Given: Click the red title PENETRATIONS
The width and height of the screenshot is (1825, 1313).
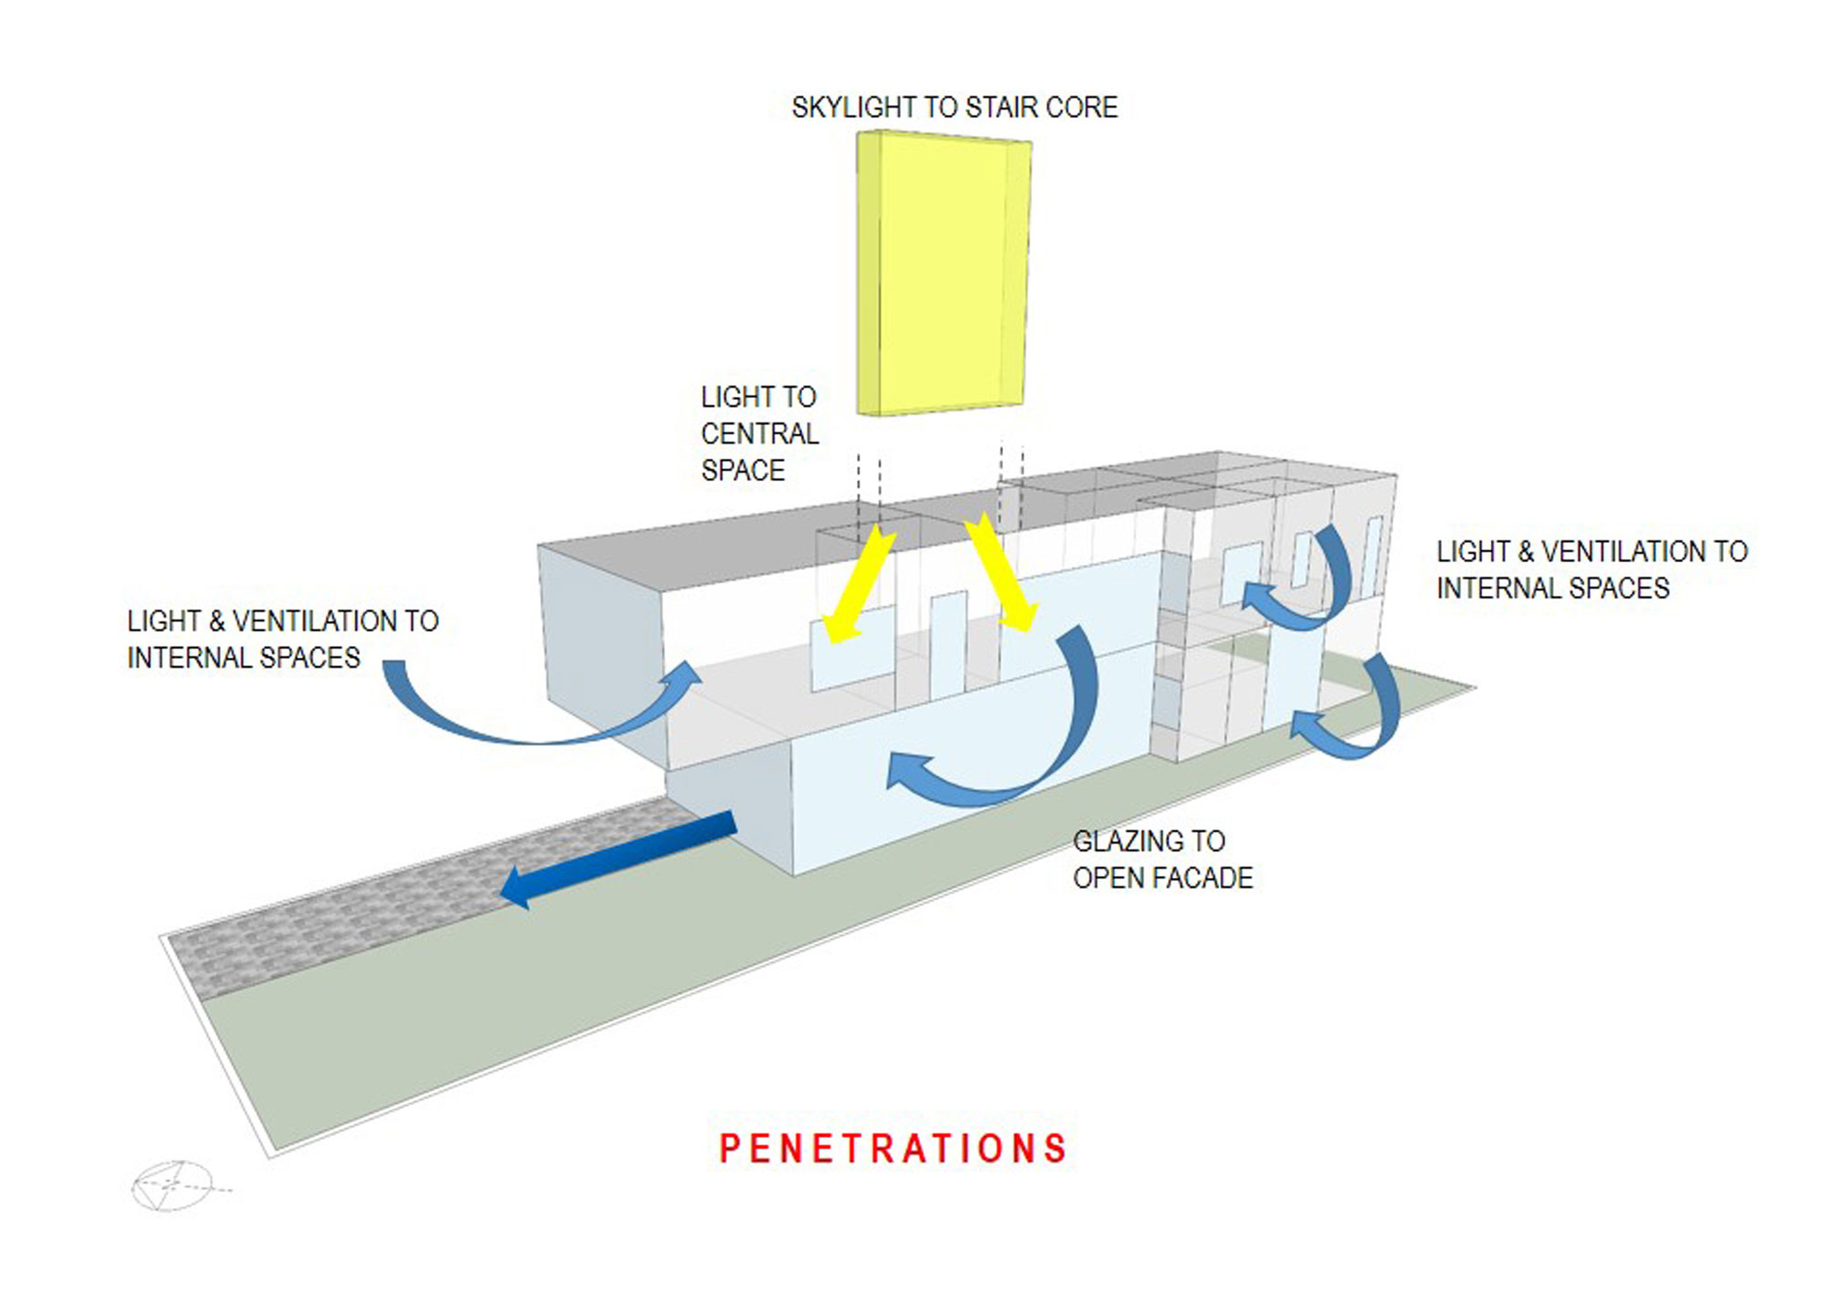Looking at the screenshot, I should pos(892,1149).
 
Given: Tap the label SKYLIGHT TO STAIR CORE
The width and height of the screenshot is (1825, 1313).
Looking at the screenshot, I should pos(954,108).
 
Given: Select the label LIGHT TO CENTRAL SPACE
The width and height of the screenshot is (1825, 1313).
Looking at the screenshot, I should pos(759,433).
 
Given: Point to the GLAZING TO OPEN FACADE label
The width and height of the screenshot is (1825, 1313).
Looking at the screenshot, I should pos(1162,859).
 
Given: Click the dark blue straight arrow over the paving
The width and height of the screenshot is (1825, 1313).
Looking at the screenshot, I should pos(620,859).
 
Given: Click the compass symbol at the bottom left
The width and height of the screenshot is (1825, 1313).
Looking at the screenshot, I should pos(172,1186).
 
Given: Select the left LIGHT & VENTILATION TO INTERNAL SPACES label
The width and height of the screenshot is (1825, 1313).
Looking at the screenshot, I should pos(282,639).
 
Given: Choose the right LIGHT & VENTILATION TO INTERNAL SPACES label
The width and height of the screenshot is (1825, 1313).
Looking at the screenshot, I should pos(1590,569).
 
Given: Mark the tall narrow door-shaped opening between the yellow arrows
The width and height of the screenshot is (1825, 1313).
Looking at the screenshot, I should pos(947,643).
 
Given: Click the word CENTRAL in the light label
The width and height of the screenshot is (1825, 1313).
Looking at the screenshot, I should pos(759,433).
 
